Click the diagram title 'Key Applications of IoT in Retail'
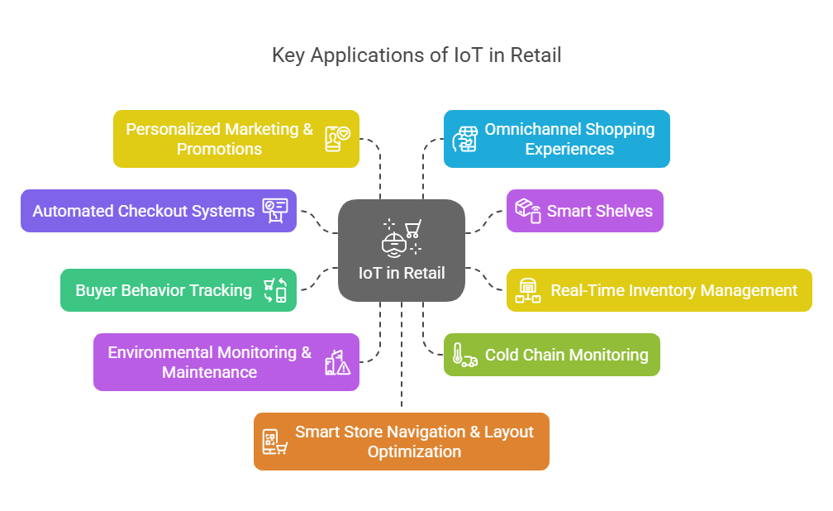[416, 55]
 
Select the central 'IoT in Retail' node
[402, 250]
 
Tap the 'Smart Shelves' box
[584, 211]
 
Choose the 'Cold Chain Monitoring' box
[551, 355]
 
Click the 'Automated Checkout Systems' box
[158, 211]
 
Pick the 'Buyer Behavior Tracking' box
[178, 290]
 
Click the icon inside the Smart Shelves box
[528, 210]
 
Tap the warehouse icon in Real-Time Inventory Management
[528, 291]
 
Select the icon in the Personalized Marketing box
[337, 139]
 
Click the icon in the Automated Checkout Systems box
[275, 210]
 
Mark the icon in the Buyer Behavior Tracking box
[275, 290]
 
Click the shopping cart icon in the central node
[412, 227]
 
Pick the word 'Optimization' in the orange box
[414, 451]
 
